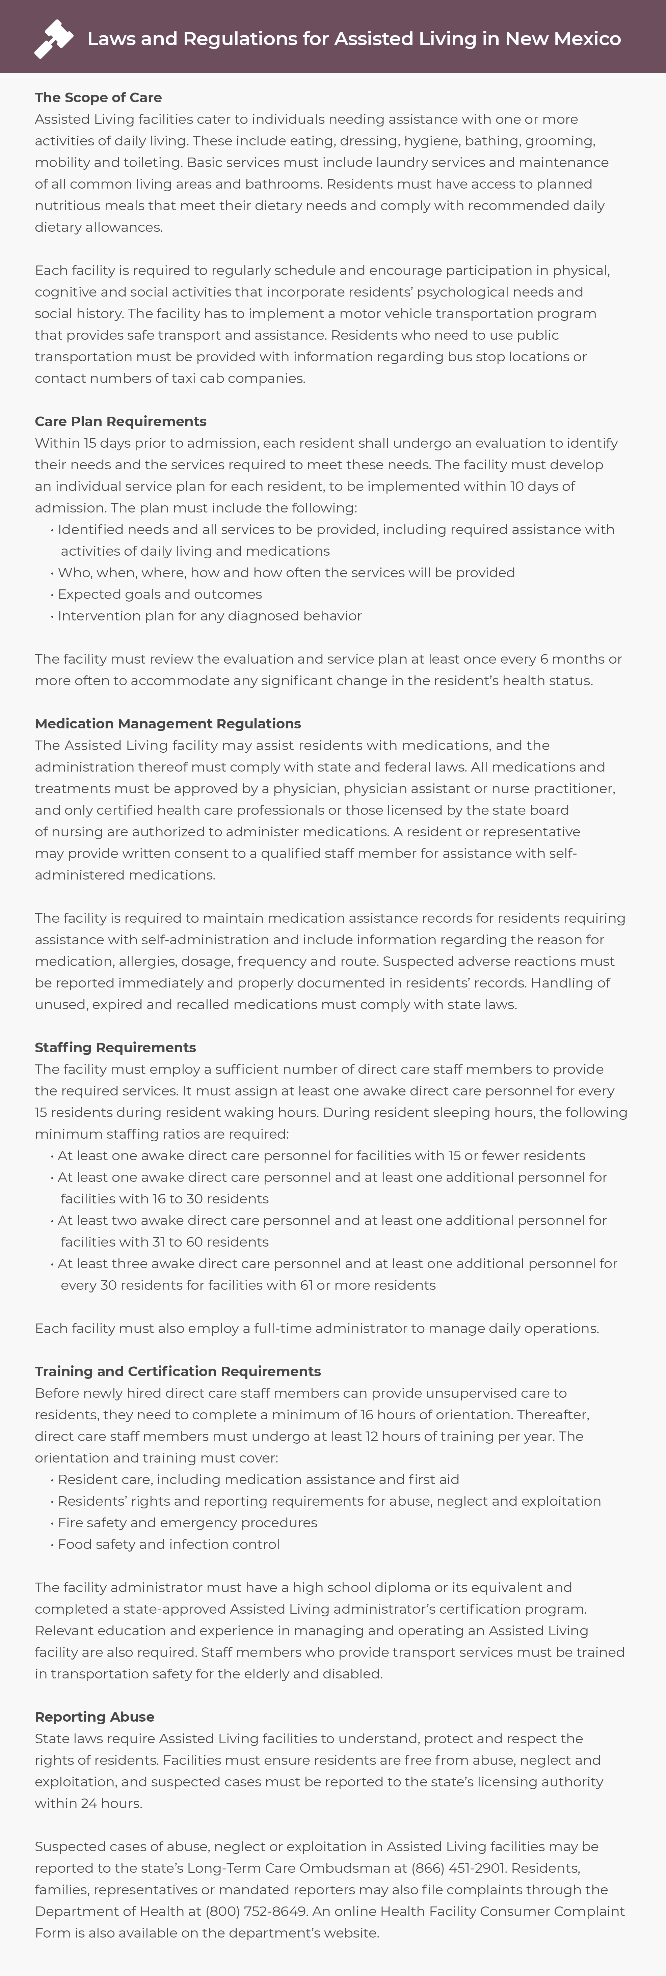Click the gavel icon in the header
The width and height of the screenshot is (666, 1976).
(54, 38)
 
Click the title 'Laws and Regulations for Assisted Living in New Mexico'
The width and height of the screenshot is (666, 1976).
(354, 38)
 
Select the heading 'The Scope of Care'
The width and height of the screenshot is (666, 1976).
(98, 98)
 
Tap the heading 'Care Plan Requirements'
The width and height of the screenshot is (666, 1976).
(121, 421)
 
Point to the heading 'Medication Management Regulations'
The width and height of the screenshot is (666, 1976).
(167, 723)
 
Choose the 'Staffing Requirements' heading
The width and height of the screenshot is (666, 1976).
(115, 1047)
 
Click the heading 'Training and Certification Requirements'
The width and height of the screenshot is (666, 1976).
(177, 1371)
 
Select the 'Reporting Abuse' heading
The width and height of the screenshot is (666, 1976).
(95, 1717)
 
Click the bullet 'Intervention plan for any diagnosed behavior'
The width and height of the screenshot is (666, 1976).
(210, 615)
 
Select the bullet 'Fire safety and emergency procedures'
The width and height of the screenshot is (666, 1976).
(187, 1522)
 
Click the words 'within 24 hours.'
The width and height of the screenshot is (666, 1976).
(88, 1803)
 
